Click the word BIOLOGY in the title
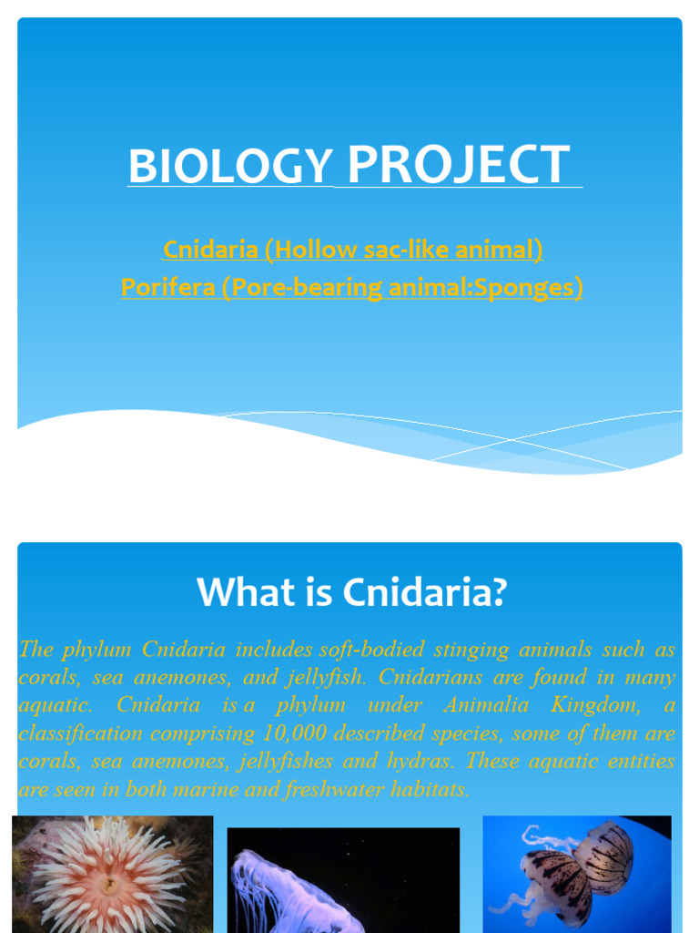[230, 166]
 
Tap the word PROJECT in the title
[459, 164]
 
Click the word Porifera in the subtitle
[167, 287]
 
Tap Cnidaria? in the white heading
[424, 591]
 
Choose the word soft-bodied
[371, 649]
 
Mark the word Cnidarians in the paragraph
[430, 677]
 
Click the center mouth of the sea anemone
[109, 885]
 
